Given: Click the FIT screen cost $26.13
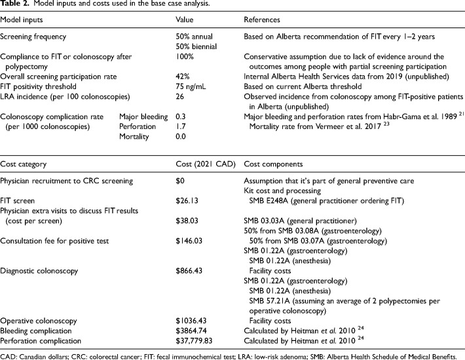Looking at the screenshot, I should pyautogui.click(x=189, y=198).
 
